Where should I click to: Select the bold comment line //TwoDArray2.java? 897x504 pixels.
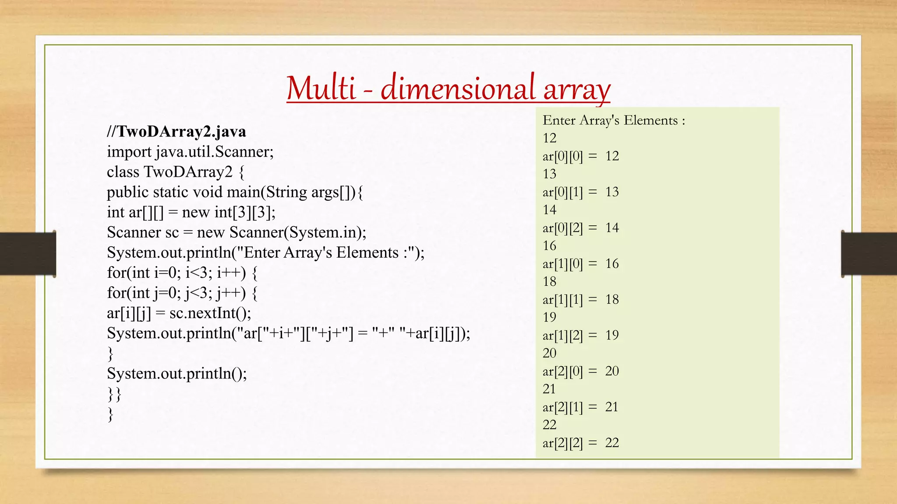tap(177, 131)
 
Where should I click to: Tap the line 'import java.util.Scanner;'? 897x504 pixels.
tap(190, 152)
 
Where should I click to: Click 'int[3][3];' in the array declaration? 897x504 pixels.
tap(245, 213)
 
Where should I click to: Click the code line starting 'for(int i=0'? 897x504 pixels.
tap(182, 273)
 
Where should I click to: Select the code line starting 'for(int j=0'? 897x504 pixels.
tap(182, 293)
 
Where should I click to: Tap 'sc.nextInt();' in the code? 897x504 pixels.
tap(210, 313)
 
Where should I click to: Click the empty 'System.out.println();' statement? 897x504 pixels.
tap(177, 374)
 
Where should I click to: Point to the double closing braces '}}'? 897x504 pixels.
tap(114, 394)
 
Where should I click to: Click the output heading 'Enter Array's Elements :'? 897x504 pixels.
tap(614, 120)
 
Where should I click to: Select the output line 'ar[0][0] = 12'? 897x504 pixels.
tap(580, 156)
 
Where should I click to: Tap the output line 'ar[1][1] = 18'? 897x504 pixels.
tap(580, 300)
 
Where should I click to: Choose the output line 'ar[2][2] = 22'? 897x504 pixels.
tap(580, 443)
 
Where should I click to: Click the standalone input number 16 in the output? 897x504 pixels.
tap(549, 246)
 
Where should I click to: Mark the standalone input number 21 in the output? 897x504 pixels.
tap(549, 389)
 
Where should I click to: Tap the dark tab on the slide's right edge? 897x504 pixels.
tap(869, 254)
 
